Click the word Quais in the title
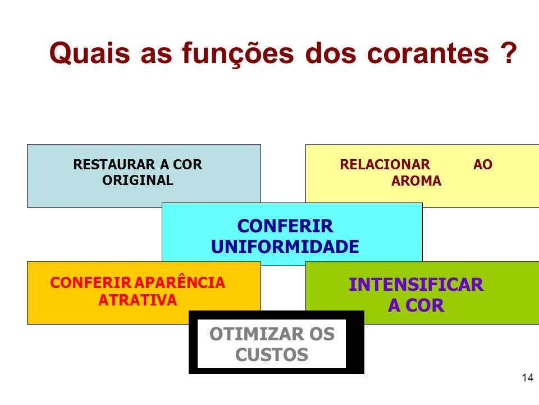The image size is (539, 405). (x=90, y=53)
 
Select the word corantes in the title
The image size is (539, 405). (x=428, y=54)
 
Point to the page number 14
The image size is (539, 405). (x=528, y=378)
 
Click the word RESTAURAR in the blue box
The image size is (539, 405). (x=114, y=165)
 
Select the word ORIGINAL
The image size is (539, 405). (x=138, y=181)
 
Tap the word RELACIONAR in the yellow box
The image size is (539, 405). (x=385, y=165)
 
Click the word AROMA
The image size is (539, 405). (x=416, y=181)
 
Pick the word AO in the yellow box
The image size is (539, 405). (x=483, y=165)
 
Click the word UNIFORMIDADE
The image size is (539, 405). (x=285, y=247)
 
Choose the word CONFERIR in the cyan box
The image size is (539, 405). (x=285, y=226)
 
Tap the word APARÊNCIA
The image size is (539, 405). (x=180, y=282)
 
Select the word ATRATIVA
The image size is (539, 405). (x=138, y=300)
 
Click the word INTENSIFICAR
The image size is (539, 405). (x=416, y=285)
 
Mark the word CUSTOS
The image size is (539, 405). (x=272, y=355)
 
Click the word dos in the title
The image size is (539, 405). (x=330, y=54)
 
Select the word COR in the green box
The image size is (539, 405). (x=424, y=305)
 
